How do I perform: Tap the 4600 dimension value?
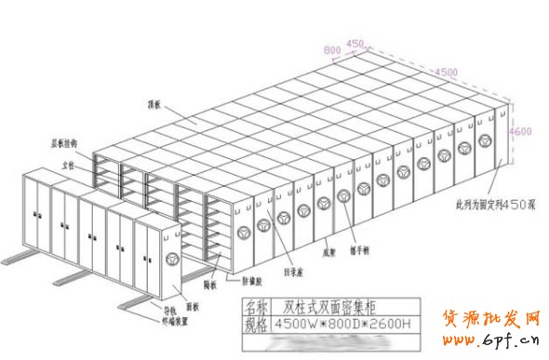click(520, 132)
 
